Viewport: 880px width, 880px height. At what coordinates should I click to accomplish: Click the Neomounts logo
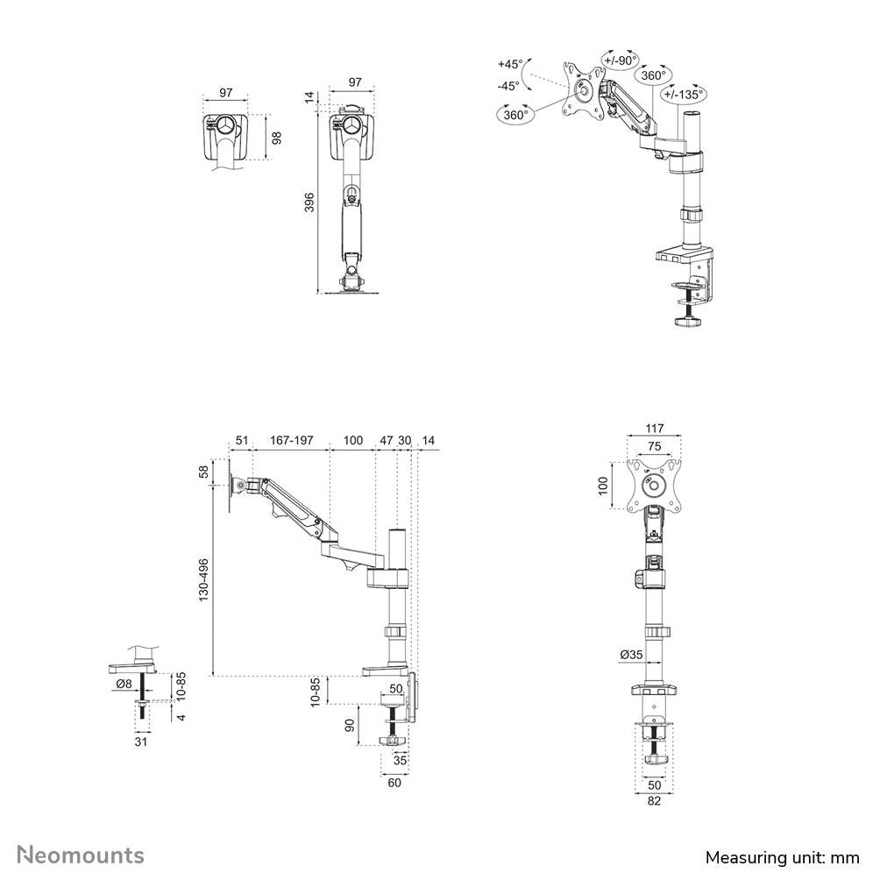click(81, 855)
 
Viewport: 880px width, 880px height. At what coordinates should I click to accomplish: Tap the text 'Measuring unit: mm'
click(783, 857)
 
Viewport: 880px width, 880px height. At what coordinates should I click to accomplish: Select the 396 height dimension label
click(309, 202)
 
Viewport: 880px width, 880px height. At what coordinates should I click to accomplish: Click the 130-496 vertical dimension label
click(203, 579)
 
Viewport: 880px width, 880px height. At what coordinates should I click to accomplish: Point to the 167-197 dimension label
click(291, 441)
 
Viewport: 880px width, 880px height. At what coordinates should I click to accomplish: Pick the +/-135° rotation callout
click(684, 95)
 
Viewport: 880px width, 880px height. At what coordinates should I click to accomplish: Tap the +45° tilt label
click(509, 64)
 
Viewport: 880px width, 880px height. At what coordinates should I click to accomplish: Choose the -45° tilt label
click(508, 86)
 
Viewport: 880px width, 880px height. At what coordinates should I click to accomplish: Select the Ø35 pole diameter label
click(631, 655)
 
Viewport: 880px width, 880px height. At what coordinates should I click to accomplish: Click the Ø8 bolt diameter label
click(124, 684)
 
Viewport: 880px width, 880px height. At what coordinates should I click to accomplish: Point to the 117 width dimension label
click(655, 429)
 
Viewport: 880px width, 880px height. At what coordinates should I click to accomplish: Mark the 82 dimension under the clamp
click(655, 800)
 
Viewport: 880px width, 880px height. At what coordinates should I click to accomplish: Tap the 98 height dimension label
click(277, 138)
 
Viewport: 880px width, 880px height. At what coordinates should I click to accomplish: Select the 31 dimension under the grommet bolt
click(141, 742)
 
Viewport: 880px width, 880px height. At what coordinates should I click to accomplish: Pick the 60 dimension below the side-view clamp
click(394, 783)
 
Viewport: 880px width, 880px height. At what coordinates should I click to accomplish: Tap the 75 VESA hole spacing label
click(655, 447)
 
